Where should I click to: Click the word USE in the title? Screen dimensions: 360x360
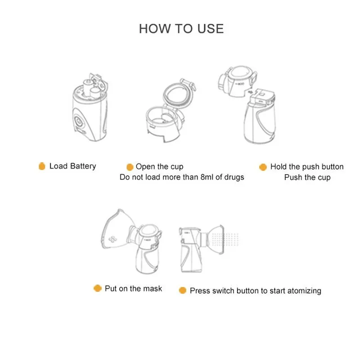coord(211,29)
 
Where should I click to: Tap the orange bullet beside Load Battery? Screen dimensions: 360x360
coord(42,166)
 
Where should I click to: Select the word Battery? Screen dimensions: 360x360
coord(83,166)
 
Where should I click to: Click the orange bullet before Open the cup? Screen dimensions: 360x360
coord(130,167)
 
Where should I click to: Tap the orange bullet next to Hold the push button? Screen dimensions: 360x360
coord(263,167)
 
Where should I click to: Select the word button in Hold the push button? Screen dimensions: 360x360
coord(332,166)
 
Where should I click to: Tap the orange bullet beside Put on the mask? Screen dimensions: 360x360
coord(98,288)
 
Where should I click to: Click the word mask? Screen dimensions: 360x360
coord(153,288)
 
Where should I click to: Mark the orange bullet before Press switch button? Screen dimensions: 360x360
coord(183,290)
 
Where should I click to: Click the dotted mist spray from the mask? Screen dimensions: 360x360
coord(225,239)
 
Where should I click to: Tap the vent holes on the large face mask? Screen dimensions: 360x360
coord(112,239)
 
